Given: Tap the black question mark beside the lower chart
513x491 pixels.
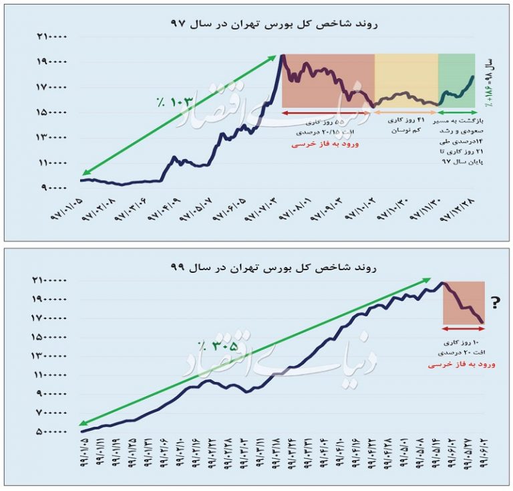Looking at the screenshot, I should point(496,303).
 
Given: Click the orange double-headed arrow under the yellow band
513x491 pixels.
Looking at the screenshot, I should point(405,113).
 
